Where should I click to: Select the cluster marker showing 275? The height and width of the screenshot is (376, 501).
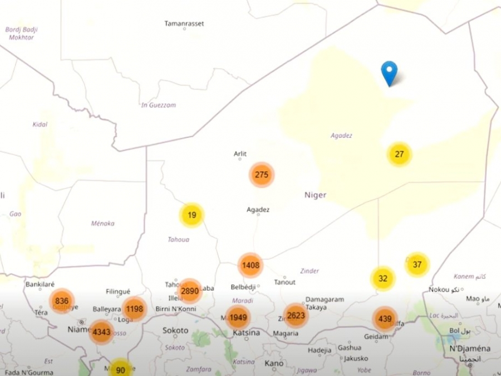pos(262,175)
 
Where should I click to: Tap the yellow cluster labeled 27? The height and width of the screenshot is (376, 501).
pos(399,155)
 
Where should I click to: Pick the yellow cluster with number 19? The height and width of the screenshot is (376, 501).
pos(191,215)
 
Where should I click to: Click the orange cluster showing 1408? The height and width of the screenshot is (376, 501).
pos(250,266)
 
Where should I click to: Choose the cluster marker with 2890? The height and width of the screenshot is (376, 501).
pos(190,291)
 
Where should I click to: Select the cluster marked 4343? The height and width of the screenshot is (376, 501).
pos(101,332)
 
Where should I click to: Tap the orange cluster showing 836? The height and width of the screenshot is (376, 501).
pos(62,301)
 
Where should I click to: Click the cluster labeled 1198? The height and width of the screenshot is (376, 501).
pos(134,308)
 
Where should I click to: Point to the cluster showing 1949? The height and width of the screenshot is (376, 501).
pos(238,318)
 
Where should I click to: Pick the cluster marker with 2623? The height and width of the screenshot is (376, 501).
pos(296,316)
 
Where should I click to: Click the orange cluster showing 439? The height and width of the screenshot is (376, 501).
pos(385,319)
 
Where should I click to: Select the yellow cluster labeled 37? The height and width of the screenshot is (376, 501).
pos(417,264)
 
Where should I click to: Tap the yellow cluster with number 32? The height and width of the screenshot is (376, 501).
pos(383,278)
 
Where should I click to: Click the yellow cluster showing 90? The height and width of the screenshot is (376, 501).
pos(120,369)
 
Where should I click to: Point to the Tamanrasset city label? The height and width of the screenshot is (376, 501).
pos(184,23)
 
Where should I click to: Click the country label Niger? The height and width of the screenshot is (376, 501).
pos(315,195)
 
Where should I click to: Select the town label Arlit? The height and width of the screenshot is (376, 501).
pos(240,154)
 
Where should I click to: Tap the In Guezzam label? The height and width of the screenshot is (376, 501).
pos(158,105)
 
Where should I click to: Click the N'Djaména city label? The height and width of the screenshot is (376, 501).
pos(470,349)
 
